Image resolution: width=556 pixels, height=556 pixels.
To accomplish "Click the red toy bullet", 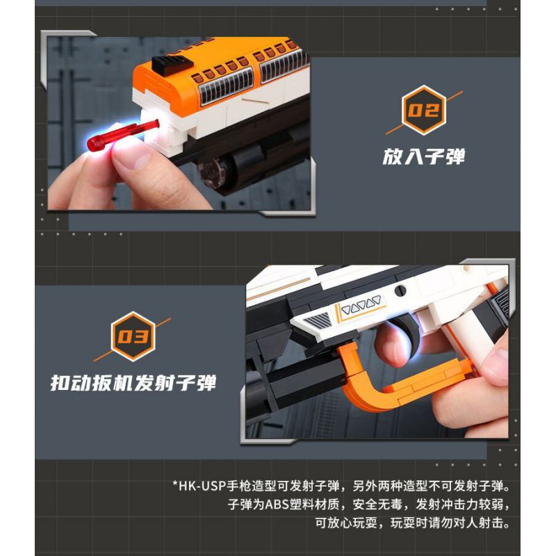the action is click(122, 135).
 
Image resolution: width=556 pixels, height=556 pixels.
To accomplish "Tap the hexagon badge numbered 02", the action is click(424, 110).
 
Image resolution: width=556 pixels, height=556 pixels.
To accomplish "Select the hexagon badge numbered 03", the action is click(133, 336).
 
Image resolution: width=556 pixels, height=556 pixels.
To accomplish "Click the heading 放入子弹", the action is click(423, 156).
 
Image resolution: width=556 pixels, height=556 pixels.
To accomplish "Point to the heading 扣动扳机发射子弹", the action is click(133, 383).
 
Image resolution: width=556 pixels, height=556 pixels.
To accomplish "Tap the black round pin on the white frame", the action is click(401, 290).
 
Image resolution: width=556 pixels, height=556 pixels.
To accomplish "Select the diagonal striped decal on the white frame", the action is click(318, 320).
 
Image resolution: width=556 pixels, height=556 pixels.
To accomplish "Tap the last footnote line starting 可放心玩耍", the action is click(412, 523).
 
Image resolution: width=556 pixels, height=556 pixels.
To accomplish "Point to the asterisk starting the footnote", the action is click(175, 483).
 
